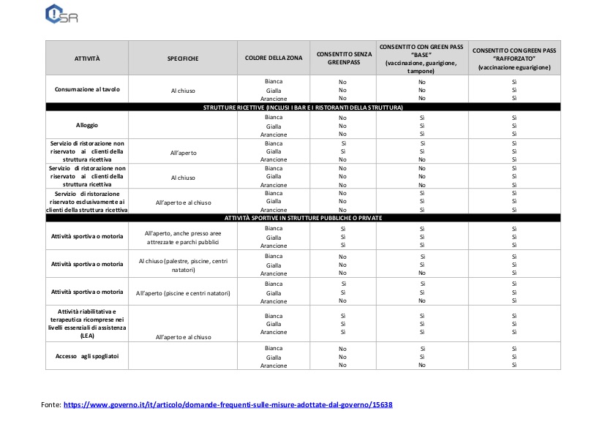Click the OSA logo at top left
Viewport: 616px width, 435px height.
61,15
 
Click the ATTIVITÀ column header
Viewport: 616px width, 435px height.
87,58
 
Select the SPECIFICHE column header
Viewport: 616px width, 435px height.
183,58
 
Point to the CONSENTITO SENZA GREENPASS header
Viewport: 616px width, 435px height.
342,58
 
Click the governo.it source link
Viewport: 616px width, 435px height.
228,404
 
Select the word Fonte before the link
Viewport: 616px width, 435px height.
50,404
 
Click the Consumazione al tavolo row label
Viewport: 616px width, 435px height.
87,90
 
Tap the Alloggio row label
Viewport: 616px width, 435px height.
87,125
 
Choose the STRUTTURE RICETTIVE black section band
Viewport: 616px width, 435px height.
303,107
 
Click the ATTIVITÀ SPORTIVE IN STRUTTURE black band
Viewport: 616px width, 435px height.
303,218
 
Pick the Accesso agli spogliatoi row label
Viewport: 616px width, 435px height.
87,356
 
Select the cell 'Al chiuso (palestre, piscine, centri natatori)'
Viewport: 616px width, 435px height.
183,265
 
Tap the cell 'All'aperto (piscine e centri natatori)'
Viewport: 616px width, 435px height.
183,293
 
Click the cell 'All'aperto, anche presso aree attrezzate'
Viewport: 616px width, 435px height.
183,238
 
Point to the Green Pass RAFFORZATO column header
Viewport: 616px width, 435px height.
514,58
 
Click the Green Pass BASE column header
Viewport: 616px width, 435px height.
421,58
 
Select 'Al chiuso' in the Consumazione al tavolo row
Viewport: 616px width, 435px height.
183,91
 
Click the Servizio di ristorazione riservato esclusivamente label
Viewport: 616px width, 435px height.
87,201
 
